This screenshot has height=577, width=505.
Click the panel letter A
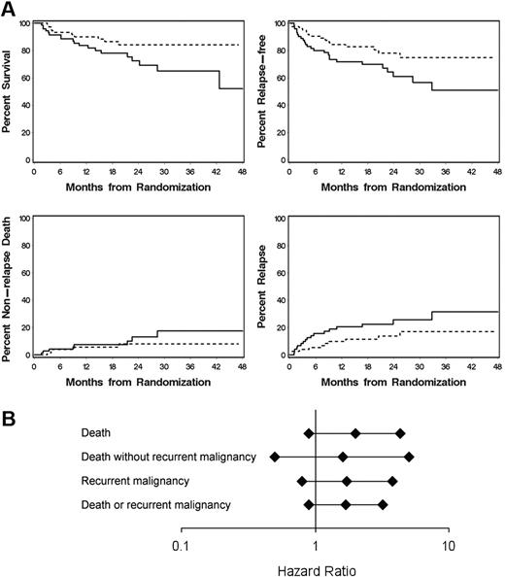click(x=9, y=9)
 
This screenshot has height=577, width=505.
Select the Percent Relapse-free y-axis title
click(x=267, y=92)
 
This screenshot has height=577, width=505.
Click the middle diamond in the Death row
click(x=355, y=433)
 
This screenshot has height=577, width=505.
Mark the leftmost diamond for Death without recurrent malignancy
click(x=275, y=457)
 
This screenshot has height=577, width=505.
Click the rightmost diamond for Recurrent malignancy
click(x=392, y=481)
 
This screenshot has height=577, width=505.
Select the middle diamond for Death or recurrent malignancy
click(x=346, y=504)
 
